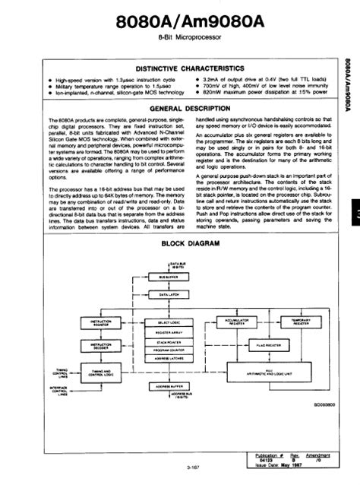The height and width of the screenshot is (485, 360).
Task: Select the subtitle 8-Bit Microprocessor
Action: (179, 40)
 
